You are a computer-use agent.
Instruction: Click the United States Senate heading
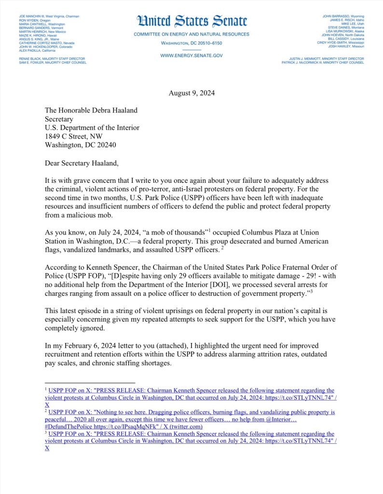pyautogui.click(x=192, y=21)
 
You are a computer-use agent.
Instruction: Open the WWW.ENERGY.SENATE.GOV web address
pyautogui.click(x=191, y=55)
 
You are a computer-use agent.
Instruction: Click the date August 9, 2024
pyautogui.click(x=191, y=93)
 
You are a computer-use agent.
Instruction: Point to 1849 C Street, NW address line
pyautogui.click(x=78, y=136)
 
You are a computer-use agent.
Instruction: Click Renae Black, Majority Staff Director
pyautogui.click(x=41, y=58)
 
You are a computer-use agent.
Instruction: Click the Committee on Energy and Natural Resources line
pyautogui.click(x=191, y=34)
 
